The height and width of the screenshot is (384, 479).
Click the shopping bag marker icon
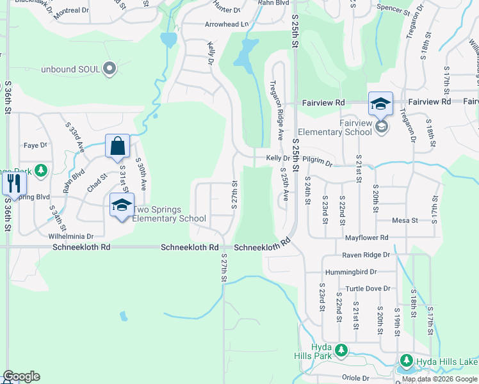pos(118,147)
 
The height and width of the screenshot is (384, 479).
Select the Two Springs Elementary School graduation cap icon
pos(120,205)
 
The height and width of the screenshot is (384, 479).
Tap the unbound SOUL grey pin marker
pos(110,68)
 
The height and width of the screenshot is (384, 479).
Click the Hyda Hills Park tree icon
pos(341,349)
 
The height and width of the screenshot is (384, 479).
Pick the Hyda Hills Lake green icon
pos(405,361)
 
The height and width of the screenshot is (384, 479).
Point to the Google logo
pos(21,376)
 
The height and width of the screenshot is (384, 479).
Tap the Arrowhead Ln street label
pos(226,24)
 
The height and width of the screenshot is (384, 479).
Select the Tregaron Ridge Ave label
pos(277,109)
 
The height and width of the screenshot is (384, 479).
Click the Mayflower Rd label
pos(366,238)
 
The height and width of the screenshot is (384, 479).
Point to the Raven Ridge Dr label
pos(366,255)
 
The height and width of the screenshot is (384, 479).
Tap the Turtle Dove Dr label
pos(368,289)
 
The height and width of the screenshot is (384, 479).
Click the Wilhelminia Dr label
pos(72,236)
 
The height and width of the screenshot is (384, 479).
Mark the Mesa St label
pos(405,220)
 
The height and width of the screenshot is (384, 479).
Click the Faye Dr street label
pos(35,145)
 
